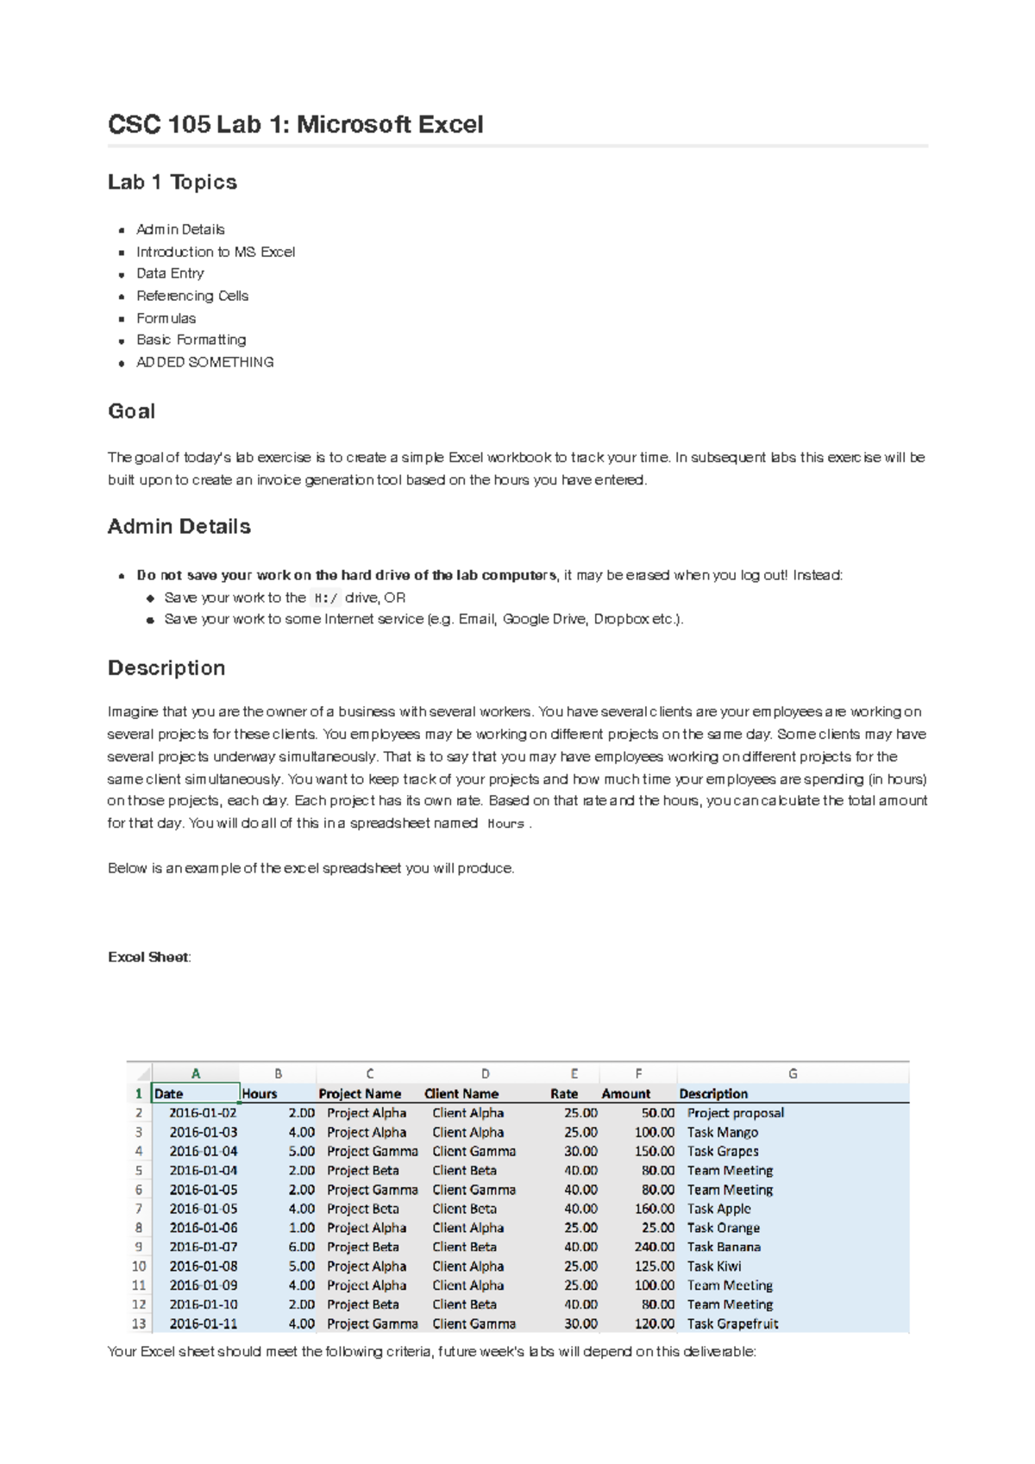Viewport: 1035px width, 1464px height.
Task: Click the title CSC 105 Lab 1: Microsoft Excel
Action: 295,125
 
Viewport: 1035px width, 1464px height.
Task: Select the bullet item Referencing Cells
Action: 191,296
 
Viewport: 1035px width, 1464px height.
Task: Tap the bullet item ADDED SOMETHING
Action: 204,362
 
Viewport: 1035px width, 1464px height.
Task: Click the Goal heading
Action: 131,411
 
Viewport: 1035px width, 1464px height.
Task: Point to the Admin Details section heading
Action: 179,527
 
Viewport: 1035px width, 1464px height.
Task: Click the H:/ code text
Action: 325,597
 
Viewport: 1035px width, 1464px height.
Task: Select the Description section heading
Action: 166,668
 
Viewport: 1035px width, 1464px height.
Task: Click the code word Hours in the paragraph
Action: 505,823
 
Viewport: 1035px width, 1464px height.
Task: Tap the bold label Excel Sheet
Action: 147,957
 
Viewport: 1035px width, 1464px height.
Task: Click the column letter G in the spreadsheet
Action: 793,1073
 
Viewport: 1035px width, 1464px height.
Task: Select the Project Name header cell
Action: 360,1093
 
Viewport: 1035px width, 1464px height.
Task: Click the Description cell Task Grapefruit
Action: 732,1323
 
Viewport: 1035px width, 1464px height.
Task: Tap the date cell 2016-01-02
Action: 203,1113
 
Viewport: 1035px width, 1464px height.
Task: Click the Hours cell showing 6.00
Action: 301,1247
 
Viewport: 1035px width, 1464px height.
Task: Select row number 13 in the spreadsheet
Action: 139,1323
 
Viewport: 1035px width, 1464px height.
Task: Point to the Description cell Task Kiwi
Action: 713,1267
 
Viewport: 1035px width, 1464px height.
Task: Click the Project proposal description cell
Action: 735,1113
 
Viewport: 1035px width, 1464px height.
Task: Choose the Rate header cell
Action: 564,1093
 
